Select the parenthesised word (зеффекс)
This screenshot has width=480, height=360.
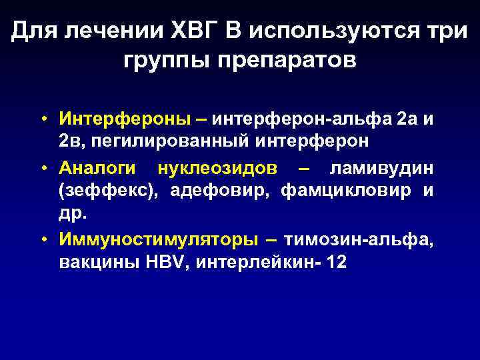[x=109, y=191]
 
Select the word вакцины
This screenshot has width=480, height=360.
[x=97, y=263]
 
